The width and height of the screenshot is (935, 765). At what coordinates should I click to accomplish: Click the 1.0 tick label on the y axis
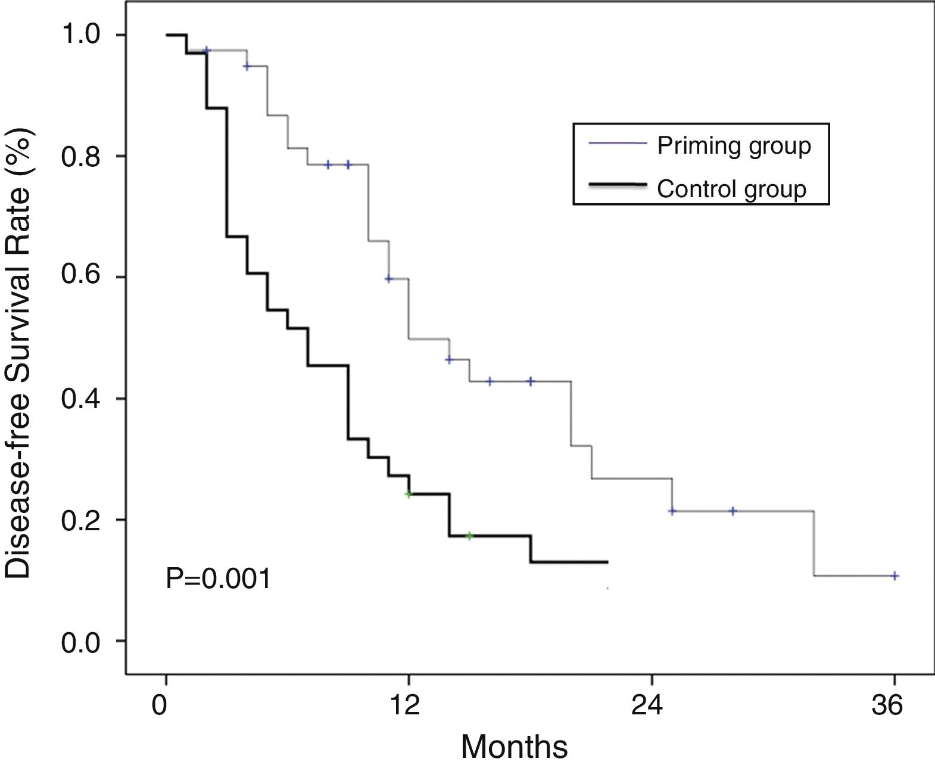tap(87, 35)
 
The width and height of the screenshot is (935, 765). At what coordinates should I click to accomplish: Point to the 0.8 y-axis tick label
tap(87, 156)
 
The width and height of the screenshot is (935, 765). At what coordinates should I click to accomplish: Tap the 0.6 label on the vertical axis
tap(87, 278)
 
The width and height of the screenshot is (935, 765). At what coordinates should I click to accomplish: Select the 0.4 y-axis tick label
tap(87, 399)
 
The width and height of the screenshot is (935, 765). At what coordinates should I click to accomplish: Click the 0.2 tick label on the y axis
tap(87, 520)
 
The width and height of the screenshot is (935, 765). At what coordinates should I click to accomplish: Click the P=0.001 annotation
tap(218, 579)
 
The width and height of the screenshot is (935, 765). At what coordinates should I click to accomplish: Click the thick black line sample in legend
tap(617, 186)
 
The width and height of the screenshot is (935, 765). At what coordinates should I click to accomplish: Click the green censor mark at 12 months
tap(409, 494)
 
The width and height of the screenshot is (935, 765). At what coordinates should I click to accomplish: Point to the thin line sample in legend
tap(617, 143)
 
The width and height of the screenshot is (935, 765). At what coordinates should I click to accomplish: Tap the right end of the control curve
tap(607, 562)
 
